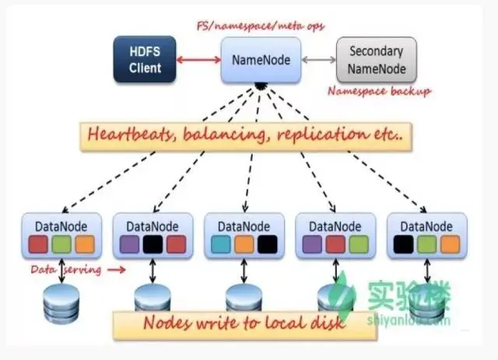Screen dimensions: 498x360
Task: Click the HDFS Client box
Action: pyautogui.click(x=145, y=59)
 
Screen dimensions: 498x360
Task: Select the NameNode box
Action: pyautogui.click(x=261, y=60)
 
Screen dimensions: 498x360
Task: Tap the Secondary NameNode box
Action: pyautogui.click(x=377, y=60)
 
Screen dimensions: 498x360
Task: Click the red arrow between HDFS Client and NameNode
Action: pyautogui.click(x=198, y=60)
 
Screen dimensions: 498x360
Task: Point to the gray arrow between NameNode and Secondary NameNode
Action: pyautogui.click(x=318, y=60)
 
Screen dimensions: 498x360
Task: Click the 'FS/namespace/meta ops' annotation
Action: pyautogui.click(x=261, y=26)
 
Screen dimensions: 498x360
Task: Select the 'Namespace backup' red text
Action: pyautogui.click(x=379, y=92)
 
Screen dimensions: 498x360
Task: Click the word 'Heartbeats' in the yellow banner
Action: pyautogui.click(x=131, y=135)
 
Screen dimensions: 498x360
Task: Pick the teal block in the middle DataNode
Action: pyautogui.click(x=221, y=244)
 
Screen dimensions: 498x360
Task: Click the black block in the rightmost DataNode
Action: pyautogui.click(x=403, y=244)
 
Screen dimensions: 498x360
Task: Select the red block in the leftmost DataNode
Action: pyautogui.click(x=38, y=244)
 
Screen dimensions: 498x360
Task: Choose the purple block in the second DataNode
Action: pyautogui.click(x=129, y=244)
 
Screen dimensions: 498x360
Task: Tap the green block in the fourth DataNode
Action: pyautogui.click(x=359, y=244)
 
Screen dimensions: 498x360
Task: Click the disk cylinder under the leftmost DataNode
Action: pyautogui.click(x=61, y=303)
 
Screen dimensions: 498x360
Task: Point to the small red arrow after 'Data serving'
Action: pyautogui.click(x=116, y=270)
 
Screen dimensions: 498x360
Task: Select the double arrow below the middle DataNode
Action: pyautogui.click(x=244, y=271)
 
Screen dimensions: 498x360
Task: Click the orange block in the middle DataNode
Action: pyautogui.click(x=244, y=244)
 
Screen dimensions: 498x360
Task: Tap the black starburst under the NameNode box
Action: pyautogui.click(x=261, y=86)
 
